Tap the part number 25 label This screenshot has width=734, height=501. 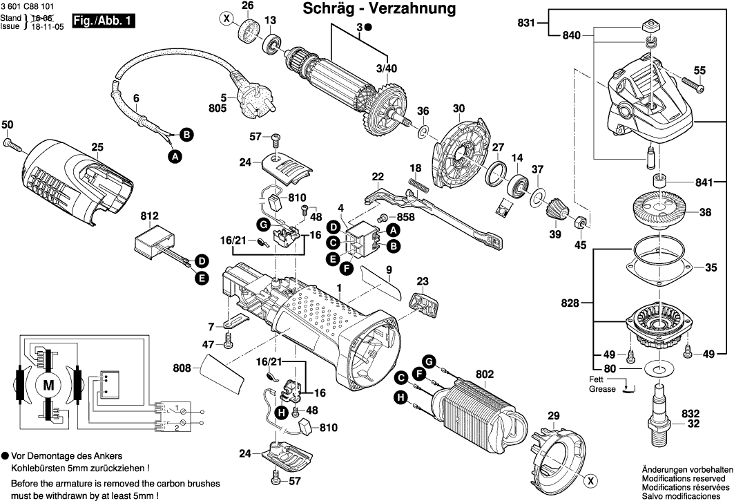(x=97, y=147)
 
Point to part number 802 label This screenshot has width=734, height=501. (x=485, y=374)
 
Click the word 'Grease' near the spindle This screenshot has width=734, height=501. (x=603, y=389)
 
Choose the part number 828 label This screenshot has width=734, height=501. (x=568, y=302)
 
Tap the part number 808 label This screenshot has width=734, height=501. (x=182, y=369)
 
